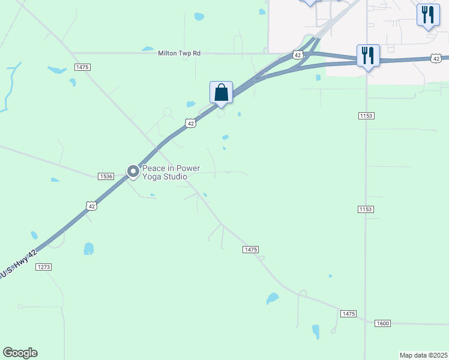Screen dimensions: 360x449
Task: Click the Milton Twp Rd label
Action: [179, 53]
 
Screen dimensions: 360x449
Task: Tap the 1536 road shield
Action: [106, 176]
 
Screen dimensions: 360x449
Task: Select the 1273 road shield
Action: [43, 266]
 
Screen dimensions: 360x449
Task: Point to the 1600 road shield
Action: [382, 323]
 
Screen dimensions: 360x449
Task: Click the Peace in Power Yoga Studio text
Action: [171, 172]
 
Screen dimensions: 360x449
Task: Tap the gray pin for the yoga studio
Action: [133, 172]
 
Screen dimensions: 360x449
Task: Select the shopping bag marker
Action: [221, 93]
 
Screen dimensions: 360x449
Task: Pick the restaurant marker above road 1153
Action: [367, 56]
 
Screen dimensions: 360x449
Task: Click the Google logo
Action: [20, 353]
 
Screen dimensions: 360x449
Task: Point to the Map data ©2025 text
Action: [423, 355]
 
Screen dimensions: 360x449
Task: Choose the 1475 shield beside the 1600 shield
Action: [348, 314]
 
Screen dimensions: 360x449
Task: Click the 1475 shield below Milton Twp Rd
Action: [83, 67]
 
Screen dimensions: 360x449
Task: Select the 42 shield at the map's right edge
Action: [436, 58]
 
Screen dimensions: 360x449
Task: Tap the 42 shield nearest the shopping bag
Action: [190, 123]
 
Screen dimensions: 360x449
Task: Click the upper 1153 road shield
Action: [366, 115]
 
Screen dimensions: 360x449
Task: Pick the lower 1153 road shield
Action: [366, 209]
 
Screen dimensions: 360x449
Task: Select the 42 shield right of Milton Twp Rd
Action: [298, 55]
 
